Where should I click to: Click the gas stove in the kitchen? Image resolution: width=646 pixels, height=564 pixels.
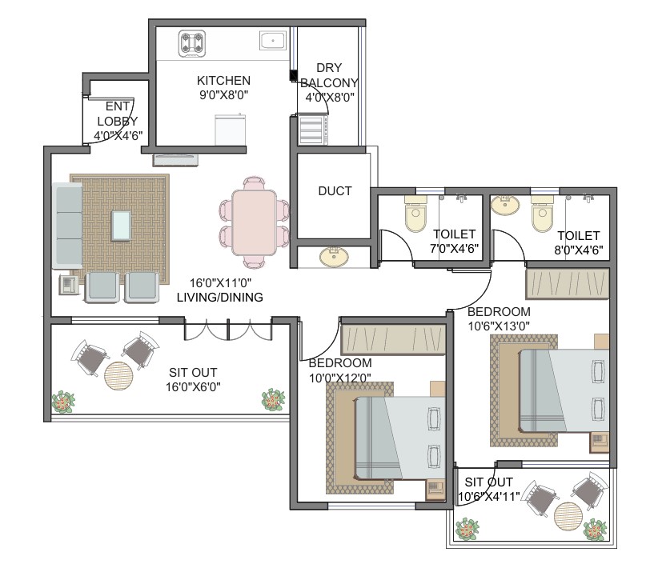[x=192, y=43]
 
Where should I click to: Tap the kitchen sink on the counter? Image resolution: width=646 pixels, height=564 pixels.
[x=273, y=41]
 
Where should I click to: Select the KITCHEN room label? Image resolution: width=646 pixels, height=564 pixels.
[x=223, y=80]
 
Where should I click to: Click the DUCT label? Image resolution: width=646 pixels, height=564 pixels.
[x=335, y=191]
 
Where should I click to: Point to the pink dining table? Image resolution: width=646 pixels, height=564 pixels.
[x=254, y=222]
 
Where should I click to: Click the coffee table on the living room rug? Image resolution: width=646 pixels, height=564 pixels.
[x=121, y=226]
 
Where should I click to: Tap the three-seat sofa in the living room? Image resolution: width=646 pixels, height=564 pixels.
[x=67, y=226]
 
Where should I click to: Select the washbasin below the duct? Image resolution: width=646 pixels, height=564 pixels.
[x=334, y=257]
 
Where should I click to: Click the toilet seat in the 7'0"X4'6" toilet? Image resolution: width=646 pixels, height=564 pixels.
[x=415, y=214]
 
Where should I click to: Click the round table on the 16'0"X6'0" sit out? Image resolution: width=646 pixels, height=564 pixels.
[x=118, y=375]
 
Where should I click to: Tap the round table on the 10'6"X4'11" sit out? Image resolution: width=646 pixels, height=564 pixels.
[x=568, y=517]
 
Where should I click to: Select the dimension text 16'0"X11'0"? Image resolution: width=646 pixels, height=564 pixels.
[x=220, y=283]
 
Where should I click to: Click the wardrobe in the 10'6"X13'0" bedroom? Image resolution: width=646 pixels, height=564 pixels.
[x=568, y=284]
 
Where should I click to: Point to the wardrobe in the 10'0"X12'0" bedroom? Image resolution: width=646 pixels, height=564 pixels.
[x=393, y=340]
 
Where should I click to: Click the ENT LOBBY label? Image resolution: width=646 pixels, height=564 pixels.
[x=118, y=114]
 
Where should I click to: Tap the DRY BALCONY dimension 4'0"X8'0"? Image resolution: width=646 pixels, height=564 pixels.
[x=330, y=98]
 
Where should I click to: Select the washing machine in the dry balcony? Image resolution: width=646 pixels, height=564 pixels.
[x=314, y=130]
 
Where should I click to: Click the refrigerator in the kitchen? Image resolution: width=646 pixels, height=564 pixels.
[x=231, y=130]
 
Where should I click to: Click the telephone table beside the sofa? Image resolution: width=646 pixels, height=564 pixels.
[x=69, y=284]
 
